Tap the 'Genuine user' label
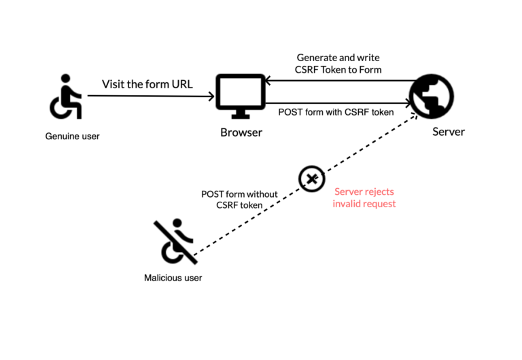(x=72, y=137)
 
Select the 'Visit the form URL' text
(x=147, y=85)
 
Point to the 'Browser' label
(x=241, y=132)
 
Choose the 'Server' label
(x=449, y=132)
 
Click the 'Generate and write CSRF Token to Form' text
(x=338, y=63)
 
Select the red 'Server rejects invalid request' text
(x=364, y=198)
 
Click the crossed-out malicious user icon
(x=178, y=242)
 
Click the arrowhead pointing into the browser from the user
(x=211, y=96)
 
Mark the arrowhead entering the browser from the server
(x=268, y=82)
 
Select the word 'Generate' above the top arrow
(x=317, y=58)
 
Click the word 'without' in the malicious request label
(x=262, y=194)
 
